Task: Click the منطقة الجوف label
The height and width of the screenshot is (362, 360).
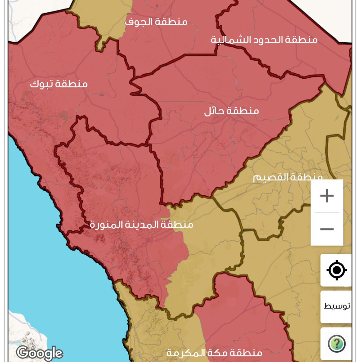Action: pos(156,22)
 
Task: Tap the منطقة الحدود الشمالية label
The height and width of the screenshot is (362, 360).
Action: pos(264,40)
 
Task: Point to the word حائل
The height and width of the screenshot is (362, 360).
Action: pos(214,111)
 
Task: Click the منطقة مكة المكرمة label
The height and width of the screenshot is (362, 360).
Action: pos(214,353)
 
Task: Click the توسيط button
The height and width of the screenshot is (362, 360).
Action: pos(336,306)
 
